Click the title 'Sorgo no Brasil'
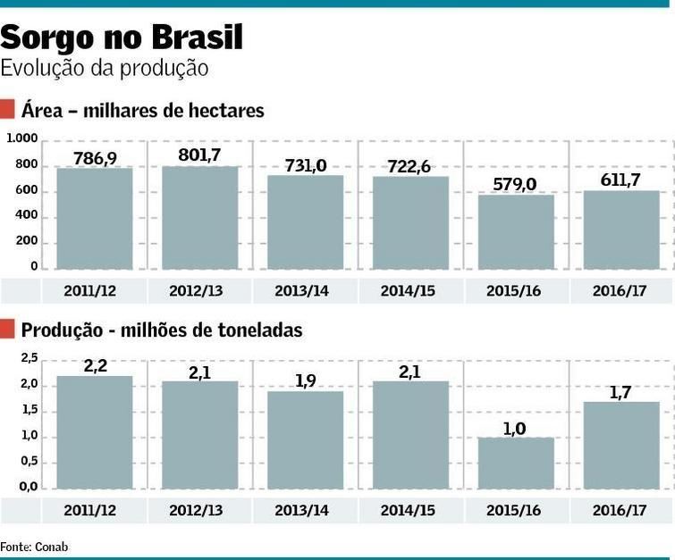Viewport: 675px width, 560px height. [x=122, y=38]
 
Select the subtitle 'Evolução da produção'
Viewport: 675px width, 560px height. [x=105, y=68]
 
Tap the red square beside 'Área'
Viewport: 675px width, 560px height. [x=8, y=111]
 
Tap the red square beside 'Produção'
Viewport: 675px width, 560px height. [x=8, y=330]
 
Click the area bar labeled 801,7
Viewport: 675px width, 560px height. [x=199, y=218]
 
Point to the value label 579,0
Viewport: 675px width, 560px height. [x=516, y=184]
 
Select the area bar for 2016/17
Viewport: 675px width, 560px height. [x=621, y=230]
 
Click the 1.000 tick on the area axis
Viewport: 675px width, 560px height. [x=22, y=139]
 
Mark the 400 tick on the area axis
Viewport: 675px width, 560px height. [x=28, y=216]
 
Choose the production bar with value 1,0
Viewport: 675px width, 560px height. [x=516, y=463]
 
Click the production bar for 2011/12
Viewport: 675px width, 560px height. [x=94, y=432]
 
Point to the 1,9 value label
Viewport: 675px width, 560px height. [x=305, y=380]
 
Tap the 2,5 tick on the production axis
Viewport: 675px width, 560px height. [x=29, y=359]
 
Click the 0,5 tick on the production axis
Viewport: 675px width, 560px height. [x=29, y=462]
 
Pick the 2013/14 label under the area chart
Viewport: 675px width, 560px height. [x=305, y=291]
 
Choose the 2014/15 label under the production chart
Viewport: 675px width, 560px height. [x=410, y=511]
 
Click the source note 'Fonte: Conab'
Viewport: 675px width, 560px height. [x=34, y=546]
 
